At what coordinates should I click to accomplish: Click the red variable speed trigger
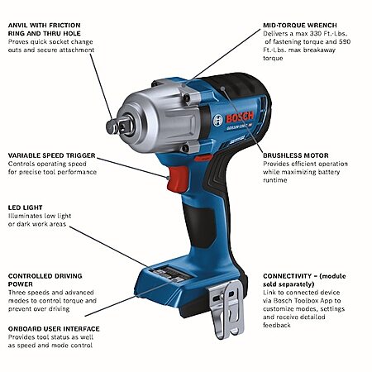[178, 179]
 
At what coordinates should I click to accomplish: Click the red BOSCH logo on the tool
[240, 117]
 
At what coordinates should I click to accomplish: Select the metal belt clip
[227, 309]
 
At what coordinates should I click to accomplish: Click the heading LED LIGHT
[25, 207]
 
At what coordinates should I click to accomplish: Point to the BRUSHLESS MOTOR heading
[296, 155]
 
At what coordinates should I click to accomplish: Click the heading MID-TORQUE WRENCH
[300, 26]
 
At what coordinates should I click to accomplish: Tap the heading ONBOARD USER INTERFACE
[54, 329]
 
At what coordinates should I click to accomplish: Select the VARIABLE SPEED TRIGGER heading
[51, 155]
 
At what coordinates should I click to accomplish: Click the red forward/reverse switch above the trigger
[203, 158]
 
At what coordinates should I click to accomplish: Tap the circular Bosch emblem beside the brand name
[218, 121]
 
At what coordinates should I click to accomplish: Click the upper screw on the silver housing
[187, 97]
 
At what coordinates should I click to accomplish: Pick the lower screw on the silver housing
[186, 148]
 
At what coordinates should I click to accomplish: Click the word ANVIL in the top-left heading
[17, 26]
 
